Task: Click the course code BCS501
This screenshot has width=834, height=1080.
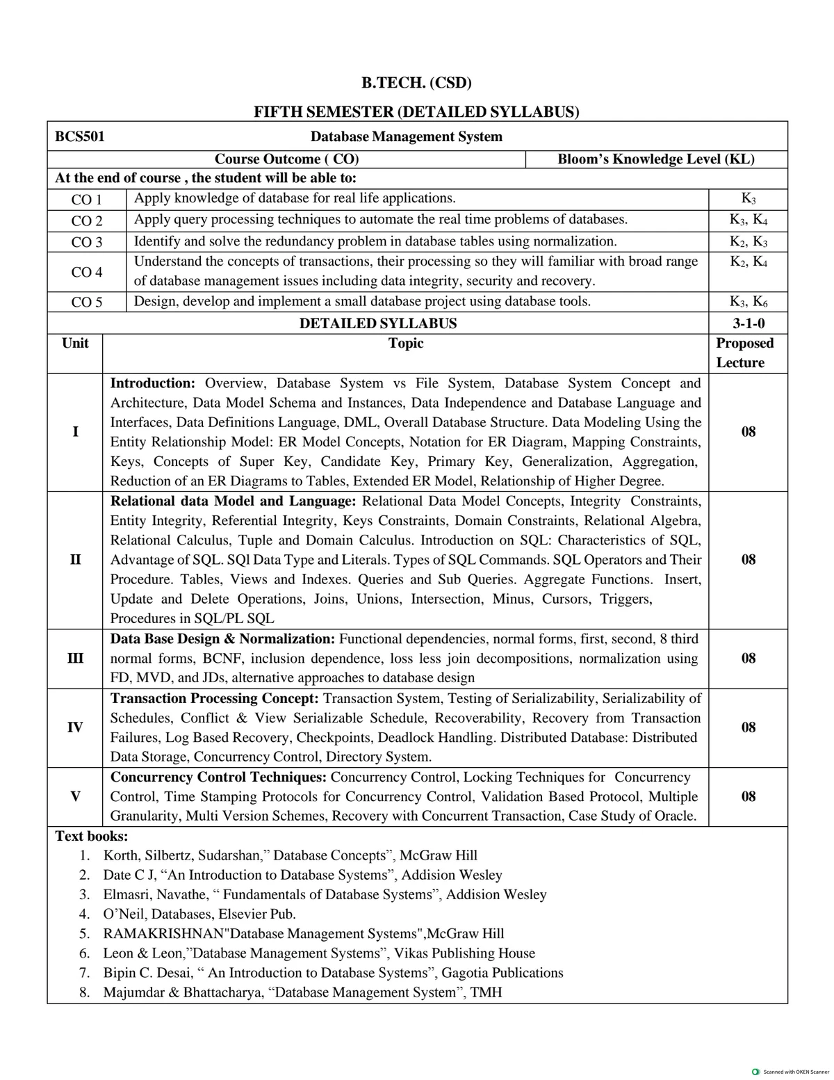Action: pyautogui.click(x=80, y=136)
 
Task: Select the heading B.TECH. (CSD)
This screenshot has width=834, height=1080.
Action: pyautogui.click(x=416, y=83)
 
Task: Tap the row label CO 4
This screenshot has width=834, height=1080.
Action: pyautogui.click(x=87, y=272)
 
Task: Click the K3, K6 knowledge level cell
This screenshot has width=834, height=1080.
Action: pyautogui.click(x=748, y=302)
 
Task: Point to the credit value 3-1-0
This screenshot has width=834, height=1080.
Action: pyautogui.click(x=748, y=323)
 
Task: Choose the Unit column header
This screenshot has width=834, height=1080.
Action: pyautogui.click(x=75, y=343)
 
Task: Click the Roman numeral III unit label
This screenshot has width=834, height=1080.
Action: pyautogui.click(x=75, y=658)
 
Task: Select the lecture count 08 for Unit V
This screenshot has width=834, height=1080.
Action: pyautogui.click(x=748, y=796)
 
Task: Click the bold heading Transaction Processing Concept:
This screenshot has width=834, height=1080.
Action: pyautogui.click(x=215, y=698)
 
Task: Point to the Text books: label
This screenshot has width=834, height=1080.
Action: pyautogui.click(x=91, y=836)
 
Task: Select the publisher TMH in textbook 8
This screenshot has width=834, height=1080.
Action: pyautogui.click(x=486, y=992)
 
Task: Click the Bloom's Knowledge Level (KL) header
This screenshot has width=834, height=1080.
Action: pyautogui.click(x=656, y=159)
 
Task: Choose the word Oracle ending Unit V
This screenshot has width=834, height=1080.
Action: pyautogui.click(x=675, y=816)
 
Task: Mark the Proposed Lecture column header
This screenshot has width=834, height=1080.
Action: pyautogui.click(x=744, y=353)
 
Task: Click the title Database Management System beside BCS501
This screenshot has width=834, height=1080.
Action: pyautogui.click(x=406, y=136)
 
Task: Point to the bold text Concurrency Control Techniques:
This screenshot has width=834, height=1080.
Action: pyautogui.click(x=219, y=777)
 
